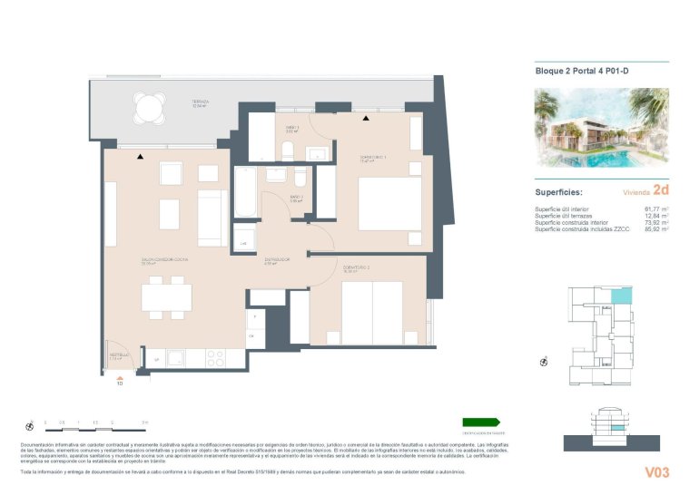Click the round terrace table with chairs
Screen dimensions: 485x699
point(147,110)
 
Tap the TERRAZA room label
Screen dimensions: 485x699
point(201,102)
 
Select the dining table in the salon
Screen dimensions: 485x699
point(166,296)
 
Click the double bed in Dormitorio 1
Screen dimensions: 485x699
point(389,202)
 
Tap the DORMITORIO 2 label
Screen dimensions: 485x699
point(357,267)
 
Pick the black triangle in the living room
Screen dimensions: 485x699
point(140,157)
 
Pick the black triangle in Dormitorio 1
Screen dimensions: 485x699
point(366,118)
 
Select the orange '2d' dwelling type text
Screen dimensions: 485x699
point(661,191)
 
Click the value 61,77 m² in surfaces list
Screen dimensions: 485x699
point(655,209)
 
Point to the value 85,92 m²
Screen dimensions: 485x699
point(655,230)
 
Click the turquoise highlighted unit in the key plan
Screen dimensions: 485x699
point(619,296)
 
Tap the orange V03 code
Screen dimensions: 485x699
point(656,471)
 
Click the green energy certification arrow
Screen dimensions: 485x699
point(480,422)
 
